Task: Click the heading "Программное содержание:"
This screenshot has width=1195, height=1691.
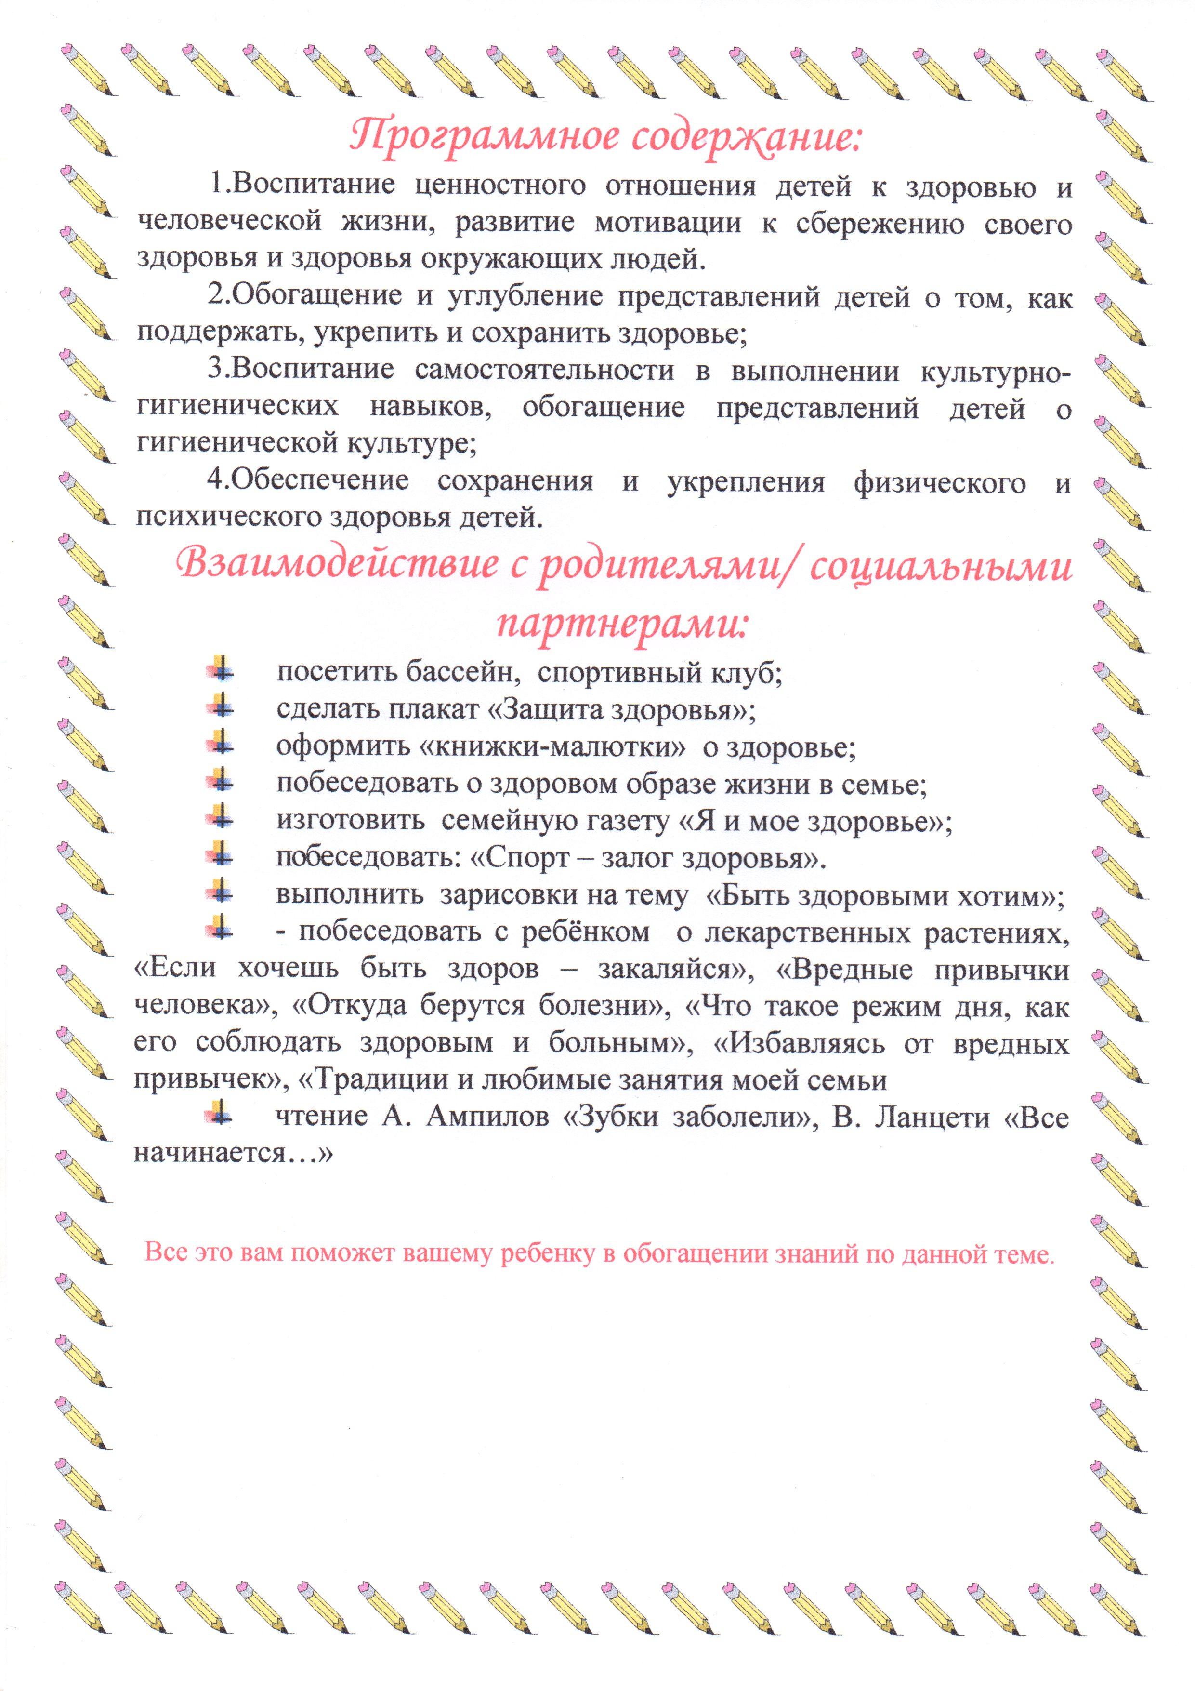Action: pyautogui.click(x=604, y=137)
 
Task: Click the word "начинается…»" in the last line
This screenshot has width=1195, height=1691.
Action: pyautogui.click(x=233, y=1153)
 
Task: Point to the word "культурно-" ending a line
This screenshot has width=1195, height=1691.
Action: pyautogui.click(x=995, y=371)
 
